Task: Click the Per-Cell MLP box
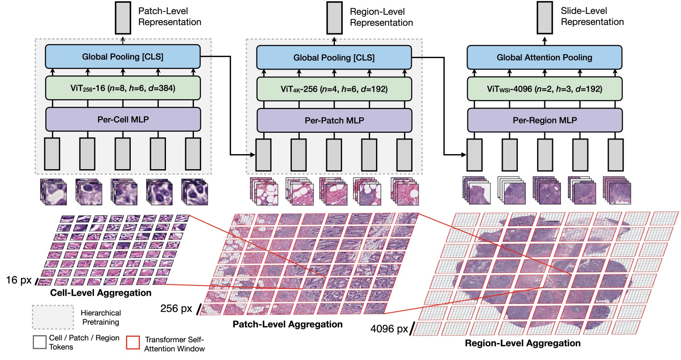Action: tap(123, 119)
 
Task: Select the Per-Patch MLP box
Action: tap(334, 121)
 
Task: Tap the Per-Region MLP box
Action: tap(545, 120)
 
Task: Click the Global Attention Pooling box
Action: tap(544, 58)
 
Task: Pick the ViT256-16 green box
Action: tap(123, 88)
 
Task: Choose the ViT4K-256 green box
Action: tap(334, 89)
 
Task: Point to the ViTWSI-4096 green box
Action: tap(544, 89)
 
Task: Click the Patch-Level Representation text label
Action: tap(169, 17)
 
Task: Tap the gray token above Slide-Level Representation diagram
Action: tap(544, 18)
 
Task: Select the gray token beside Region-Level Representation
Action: tap(334, 18)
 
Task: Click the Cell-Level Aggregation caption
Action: tap(101, 293)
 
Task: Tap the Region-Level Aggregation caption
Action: tap(522, 343)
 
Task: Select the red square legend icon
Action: tap(133, 342)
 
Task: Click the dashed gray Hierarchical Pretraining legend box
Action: tap(53, 317)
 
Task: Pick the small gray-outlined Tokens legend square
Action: tap(40, 342)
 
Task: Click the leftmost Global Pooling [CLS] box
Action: tap(123, 57)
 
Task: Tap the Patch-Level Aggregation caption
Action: tap(287, 324)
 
